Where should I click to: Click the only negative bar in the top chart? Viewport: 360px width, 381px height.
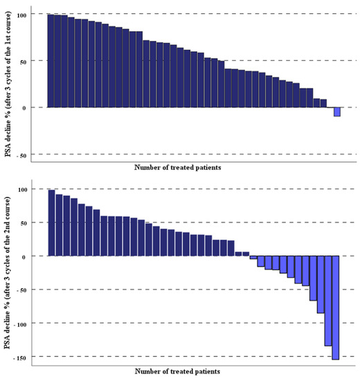337,112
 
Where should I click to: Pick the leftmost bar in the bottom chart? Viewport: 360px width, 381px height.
51,223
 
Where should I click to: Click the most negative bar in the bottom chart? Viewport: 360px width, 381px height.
336,308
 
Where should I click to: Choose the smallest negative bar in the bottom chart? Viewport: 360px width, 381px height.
253,258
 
